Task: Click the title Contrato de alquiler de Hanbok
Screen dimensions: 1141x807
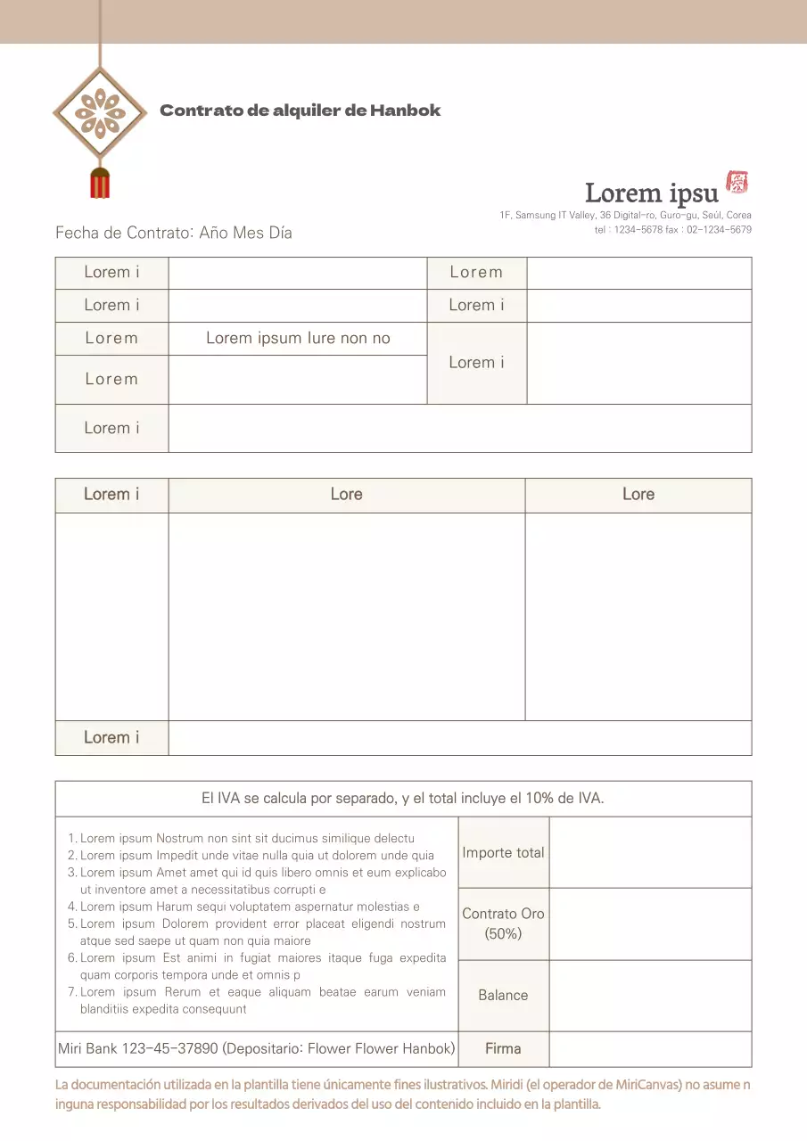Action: pyautogui.click(x=300, y=111)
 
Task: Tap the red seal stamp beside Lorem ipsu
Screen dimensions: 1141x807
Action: pyautogui.click(x=737, y=183)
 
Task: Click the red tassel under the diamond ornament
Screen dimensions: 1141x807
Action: pyautogui.click(x=100, y=182)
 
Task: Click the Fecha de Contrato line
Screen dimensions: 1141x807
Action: pyautogui.click(x=174, y=233)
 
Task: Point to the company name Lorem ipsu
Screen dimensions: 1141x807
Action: pyautogui.click(x=651, y=193)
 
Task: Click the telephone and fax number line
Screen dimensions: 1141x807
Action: pyautogui.click(x=672, y=230)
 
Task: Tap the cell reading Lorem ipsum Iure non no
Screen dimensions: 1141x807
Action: pyautogui.click(x=298, y=339)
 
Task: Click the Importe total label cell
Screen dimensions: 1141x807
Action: pyautogui.click(x=503, y=852)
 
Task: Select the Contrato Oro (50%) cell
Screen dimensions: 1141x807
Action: pyautogui.click(x=503, y=923)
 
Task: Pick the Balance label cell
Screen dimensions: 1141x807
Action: pyautogui.click(x=503, y=995)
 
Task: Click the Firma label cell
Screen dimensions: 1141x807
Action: pyautogui.click(x=503, y=1048)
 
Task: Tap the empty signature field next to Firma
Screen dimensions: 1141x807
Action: pyautogui.click(x=650, y=1048)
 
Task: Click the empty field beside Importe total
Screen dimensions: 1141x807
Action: pyautogui.click(x=650, y=852)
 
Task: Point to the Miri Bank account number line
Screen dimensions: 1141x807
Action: pyautogui.click(x=257, y=1048)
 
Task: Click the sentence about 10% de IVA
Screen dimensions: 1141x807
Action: pyautogui.click(x=403, y=799)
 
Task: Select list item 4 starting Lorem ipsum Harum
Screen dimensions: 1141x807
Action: pyautogui.click(x=250, y=907)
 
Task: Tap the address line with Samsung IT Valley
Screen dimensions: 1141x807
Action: pyautogui.click(x=625, y=215)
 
